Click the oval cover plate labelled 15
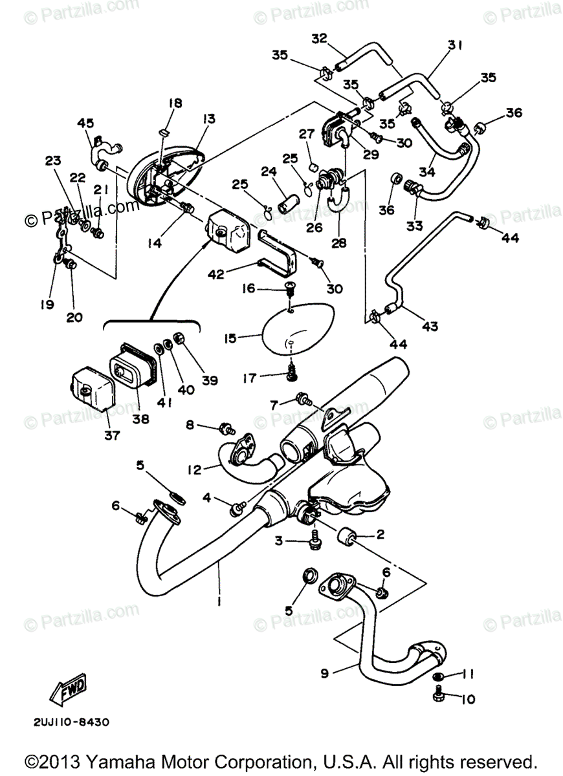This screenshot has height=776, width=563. pyautogui.click(x=298, y=329)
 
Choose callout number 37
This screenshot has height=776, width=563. pyautogui.click(x=111, y=435)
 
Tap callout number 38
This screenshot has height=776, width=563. pyautogui.click(x=140, y=418)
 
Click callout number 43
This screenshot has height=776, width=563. pyautogui.click(x=430, y=327)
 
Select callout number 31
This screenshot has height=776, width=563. pyautogui.click(x=456, y=45)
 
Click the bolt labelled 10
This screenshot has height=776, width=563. pyautogui.click(x=438, y=696)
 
